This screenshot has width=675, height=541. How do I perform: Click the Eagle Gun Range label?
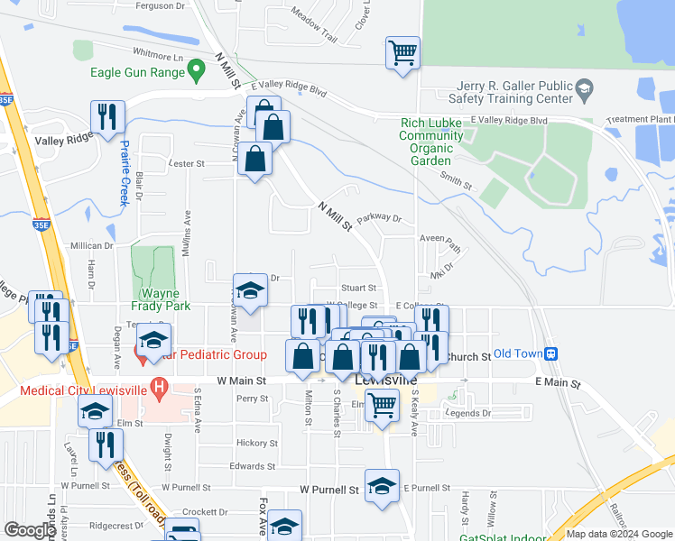[144, 73]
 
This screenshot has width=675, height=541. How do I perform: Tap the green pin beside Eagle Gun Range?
[193, 73]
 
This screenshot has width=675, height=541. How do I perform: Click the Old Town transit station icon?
[552, 354]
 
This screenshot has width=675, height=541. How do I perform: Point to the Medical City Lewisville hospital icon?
[160, 390]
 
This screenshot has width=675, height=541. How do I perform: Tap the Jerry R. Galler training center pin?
[585, 89]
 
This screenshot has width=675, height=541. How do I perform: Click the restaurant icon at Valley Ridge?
[106, 117]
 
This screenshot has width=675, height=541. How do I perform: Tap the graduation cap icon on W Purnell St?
[383, 486]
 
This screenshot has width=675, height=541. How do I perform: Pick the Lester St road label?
[188, 164]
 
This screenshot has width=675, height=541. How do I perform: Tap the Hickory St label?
[256, 444]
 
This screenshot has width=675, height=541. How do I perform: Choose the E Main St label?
[556, 383]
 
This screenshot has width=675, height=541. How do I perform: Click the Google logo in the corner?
[30, 530]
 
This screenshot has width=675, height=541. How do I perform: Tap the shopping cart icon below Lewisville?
[384, 407]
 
